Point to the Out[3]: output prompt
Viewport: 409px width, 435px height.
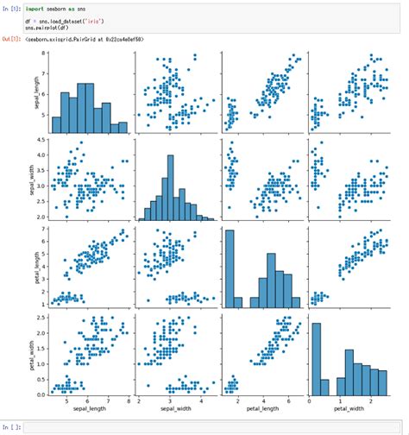click(x=11, y=40)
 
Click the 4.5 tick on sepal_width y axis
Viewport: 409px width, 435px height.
click(x=41, y=140)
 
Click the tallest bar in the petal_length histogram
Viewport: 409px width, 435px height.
click(x=229, y=268)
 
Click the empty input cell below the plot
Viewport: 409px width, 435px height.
click(x=207, y=426)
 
